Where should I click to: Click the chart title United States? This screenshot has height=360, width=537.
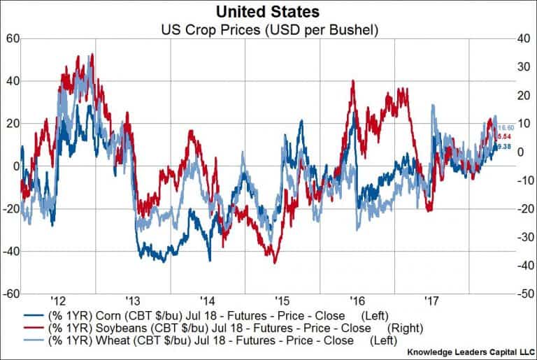(268, 12)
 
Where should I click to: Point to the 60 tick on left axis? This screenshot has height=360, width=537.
(11, 38)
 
